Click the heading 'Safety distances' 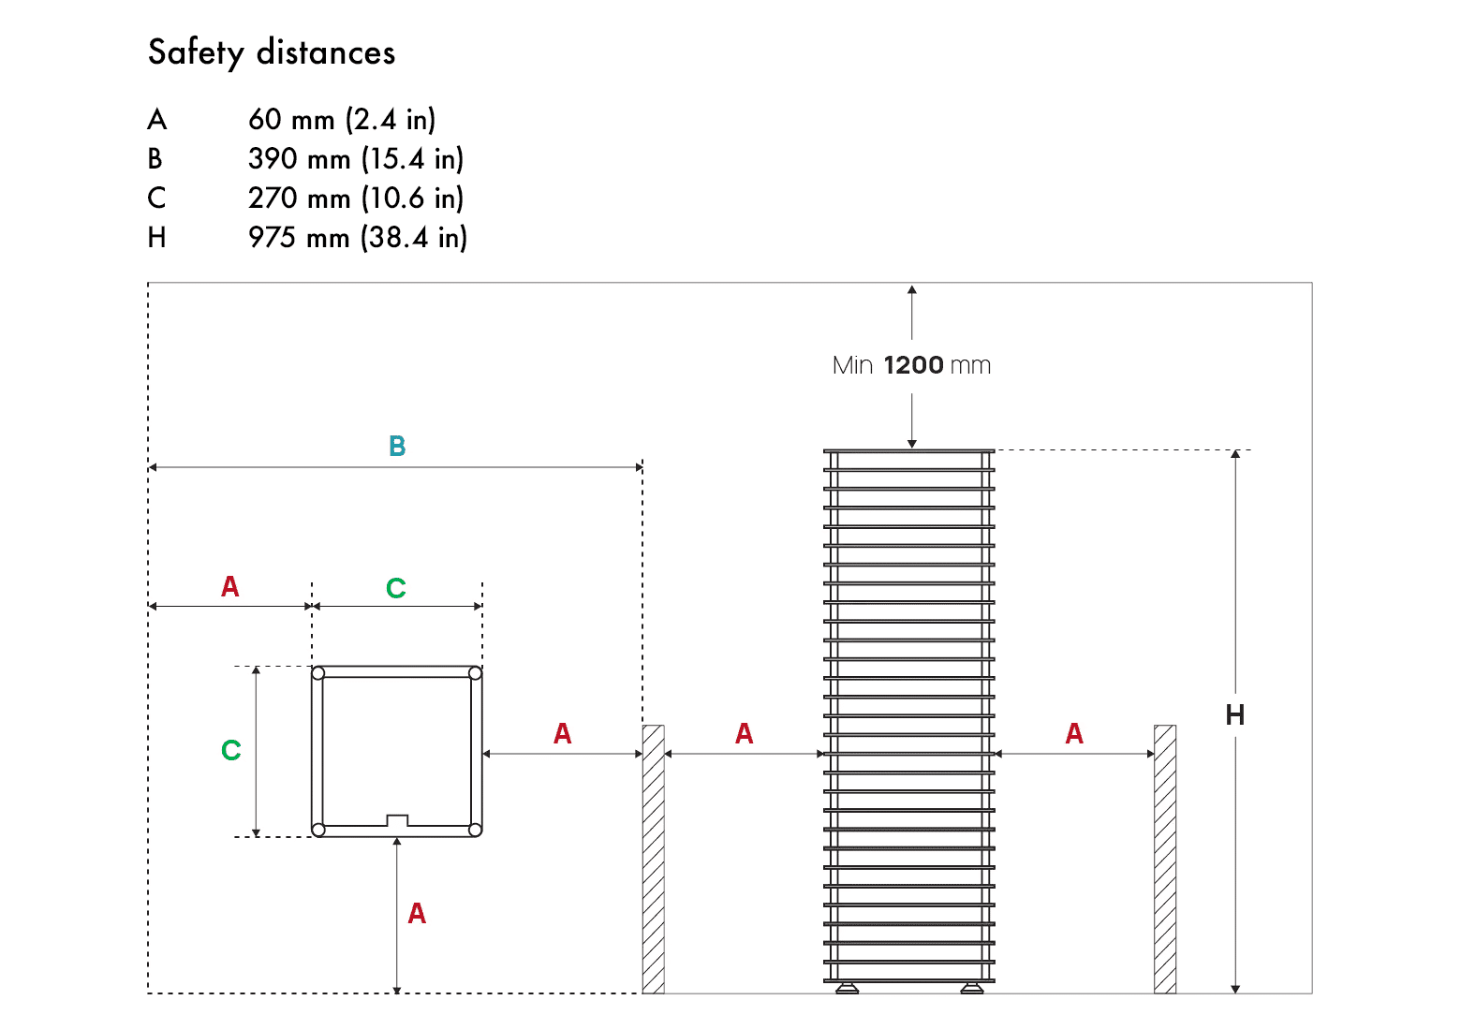(272, 52)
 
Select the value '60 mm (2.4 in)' (342, 120)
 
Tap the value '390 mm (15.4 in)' (356, 159)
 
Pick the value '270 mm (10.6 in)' (356, 199)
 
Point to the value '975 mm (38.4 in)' (357, 238)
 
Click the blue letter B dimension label (397, 447)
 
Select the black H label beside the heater (1234, 715)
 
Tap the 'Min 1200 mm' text (911, 365)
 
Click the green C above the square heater (396, 588)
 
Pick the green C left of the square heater (231, 750)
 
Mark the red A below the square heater (417, 914)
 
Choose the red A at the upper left (230, 587)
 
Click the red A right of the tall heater (1074, 734)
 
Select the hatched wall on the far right (1164, 859)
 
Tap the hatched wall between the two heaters (653, 859)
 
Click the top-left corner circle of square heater (318, 673)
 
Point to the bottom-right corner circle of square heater (475, 830)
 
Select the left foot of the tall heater (848, 988)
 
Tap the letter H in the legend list (156, 238)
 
